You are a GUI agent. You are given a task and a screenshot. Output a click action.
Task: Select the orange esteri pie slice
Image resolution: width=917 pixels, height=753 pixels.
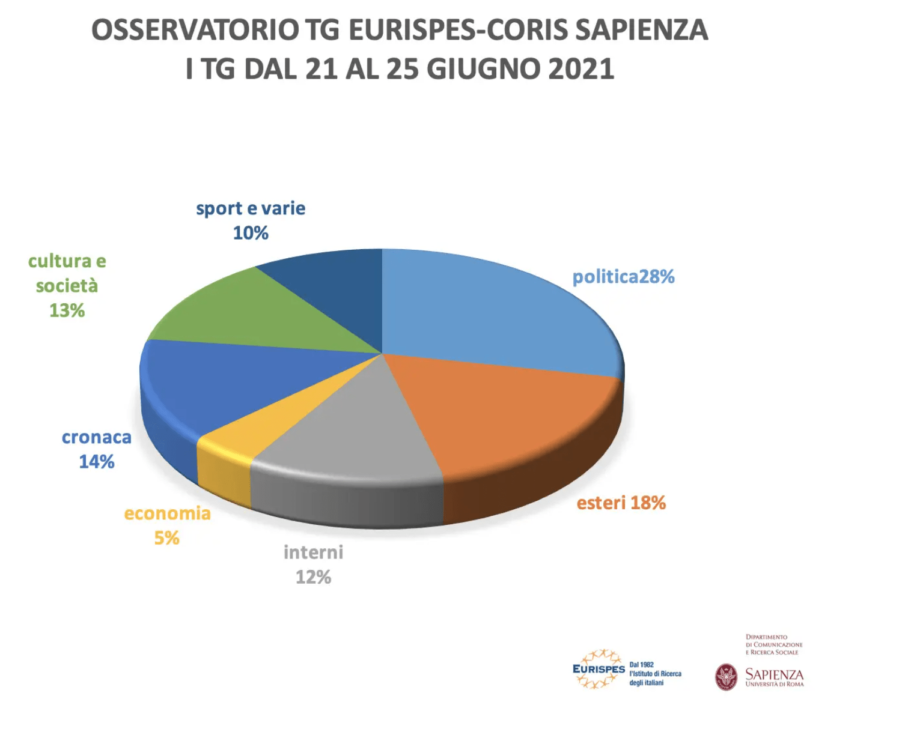511,414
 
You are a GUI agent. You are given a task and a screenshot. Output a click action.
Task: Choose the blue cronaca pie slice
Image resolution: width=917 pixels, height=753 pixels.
228,384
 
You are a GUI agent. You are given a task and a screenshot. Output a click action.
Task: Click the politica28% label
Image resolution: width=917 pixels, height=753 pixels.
623,277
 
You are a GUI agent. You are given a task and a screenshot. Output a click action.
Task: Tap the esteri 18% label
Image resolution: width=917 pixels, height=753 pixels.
621,503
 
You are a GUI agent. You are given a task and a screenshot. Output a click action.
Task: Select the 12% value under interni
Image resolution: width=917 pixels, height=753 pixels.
313,577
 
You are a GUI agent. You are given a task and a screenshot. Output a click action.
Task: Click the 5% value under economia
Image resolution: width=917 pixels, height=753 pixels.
166,538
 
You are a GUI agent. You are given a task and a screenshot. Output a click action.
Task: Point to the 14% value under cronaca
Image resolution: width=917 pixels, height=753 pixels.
97,462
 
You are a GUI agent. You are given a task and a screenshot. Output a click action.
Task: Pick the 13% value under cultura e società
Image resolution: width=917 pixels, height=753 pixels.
67,310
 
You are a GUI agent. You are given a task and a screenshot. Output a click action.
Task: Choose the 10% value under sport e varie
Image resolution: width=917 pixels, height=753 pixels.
251,233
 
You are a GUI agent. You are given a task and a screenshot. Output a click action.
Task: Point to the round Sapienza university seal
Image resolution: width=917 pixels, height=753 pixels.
726,677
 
